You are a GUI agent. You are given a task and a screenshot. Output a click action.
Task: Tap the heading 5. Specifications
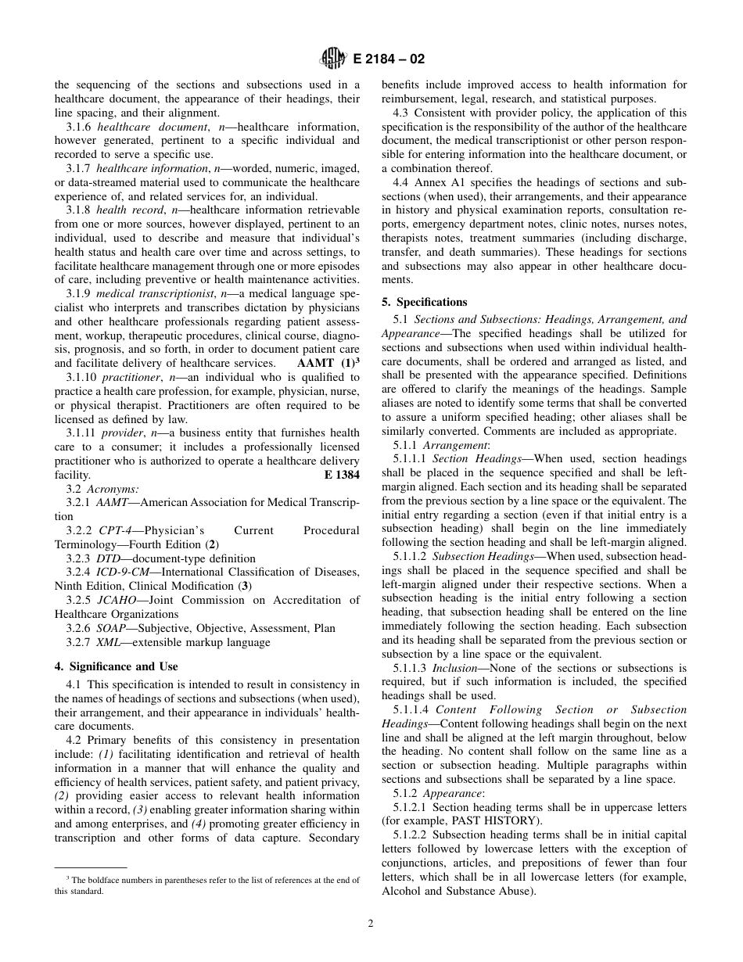(424, 302)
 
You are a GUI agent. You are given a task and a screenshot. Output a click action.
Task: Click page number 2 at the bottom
(371, 923)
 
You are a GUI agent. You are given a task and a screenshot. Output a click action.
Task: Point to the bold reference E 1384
(342, 475)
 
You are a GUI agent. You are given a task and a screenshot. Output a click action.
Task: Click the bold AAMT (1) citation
(328, 363)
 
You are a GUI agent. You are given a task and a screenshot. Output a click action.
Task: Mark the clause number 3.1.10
(84, 377)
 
